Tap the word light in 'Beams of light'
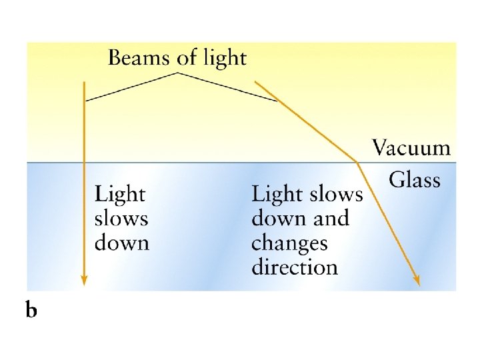pos(221,59)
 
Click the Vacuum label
pos(411,148)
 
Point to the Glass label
pos(415,179)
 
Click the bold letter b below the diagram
pos(31,311)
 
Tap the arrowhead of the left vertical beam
pos(84,279)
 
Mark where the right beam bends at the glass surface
pos(358,162)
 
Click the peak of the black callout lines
pos(177,73)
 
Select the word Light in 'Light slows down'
pos(120,195)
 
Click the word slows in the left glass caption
pos(121,219)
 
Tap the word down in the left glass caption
pos(121,242)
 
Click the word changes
pos(289,243)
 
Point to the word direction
pos(295,267)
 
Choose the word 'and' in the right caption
pos(327,219)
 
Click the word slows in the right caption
pos(333,195)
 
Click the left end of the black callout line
pos(87,101)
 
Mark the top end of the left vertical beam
pos(84,82)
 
